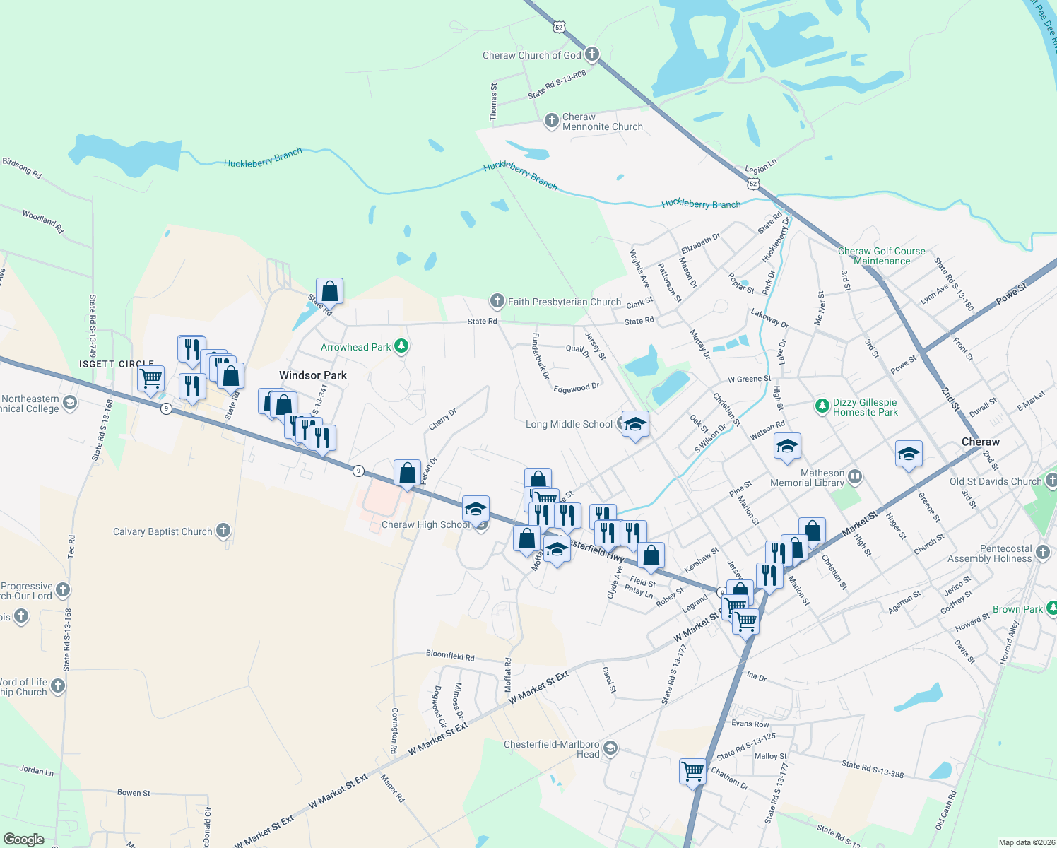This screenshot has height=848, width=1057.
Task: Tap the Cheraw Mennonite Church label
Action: [602, 122]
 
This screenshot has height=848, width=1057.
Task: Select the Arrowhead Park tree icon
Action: [401, 346]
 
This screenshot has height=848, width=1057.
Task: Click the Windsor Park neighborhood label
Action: [312, 375]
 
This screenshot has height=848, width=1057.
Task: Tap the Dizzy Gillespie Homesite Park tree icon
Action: [821, 406]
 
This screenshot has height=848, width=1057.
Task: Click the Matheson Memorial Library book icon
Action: [854, 476]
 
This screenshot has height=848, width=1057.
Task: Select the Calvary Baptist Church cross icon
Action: [223, 530]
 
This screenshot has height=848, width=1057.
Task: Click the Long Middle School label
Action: [569, 424]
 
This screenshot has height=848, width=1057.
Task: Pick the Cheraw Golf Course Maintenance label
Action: [881, 256]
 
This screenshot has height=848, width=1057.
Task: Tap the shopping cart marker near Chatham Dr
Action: [692, 770]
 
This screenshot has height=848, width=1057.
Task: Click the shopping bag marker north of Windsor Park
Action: [329, 290]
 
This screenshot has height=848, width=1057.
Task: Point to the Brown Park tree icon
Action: [1051, 608]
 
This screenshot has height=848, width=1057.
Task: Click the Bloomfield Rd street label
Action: [450, 656]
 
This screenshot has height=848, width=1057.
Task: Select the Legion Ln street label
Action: [760, 166]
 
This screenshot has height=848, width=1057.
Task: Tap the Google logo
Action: [24, 839]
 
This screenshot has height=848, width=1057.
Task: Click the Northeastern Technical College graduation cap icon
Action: [69, 403]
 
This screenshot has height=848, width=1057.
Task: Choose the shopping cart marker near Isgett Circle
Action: [151, 378]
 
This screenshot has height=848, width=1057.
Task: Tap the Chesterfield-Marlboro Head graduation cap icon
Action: [610, 748]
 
